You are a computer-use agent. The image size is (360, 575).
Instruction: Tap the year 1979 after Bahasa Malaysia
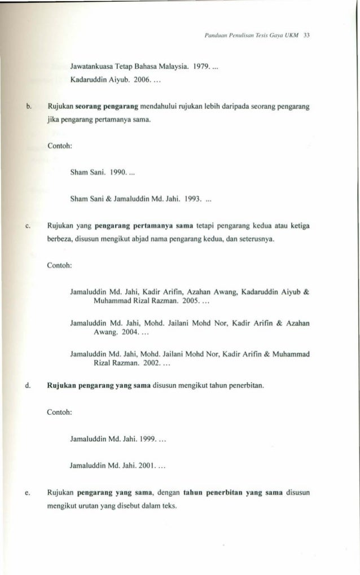click(x=201, y=67)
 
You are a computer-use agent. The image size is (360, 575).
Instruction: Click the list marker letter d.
click(x=28, y=387)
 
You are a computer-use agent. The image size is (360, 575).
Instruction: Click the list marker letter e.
click(x=28, y=493)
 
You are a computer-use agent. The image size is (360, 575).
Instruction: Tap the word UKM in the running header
click(x=293, y=35)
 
